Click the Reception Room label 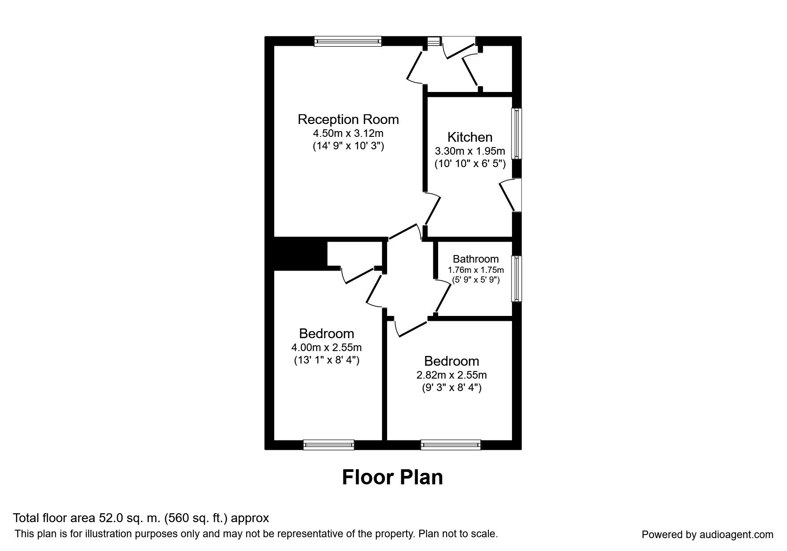click(348, 120)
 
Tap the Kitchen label click(470, 137)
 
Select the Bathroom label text click(475, 259)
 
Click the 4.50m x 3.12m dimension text click(348, 133)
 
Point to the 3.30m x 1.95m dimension click(470, 151)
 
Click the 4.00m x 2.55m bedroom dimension click(327, 347)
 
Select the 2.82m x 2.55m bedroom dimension click(451, 375)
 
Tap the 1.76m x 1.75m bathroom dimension click(475, 270)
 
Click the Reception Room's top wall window click(348, 41)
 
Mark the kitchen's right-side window click(517, 133)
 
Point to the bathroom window click(517, 279)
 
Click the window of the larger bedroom click(329, 444)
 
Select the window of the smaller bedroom click(451, 444)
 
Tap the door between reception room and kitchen click(432, 210)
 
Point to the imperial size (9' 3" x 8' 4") click(451, 388)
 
